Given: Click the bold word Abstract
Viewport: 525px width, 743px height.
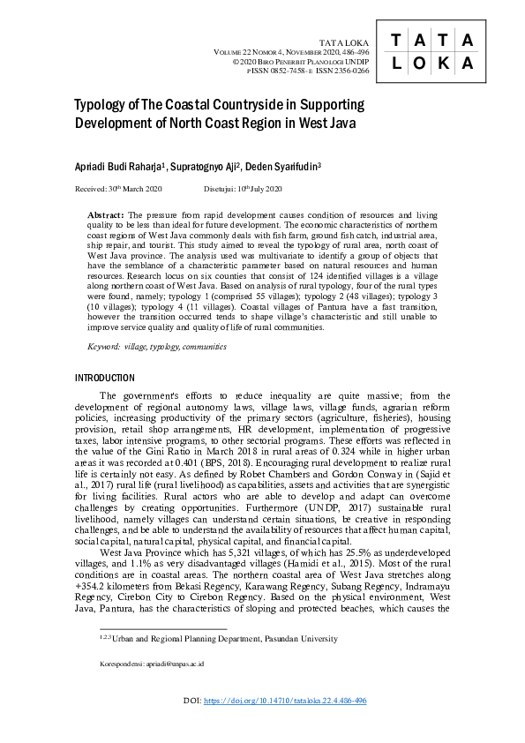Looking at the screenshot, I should [x=107, y=215].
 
